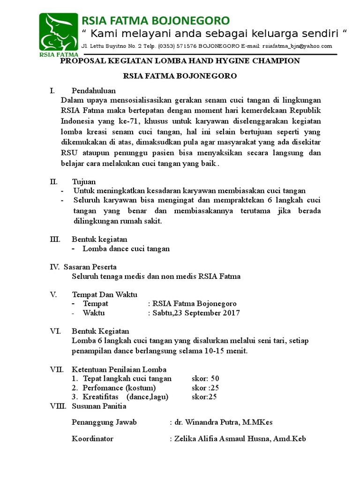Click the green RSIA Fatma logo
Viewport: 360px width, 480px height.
(x=59, y=34)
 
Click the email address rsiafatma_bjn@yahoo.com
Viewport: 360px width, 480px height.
(x=297, y=46)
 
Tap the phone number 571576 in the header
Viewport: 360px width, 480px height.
(x=186, y=46)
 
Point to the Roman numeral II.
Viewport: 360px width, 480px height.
(x=53, y=181)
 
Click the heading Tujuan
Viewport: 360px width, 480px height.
(x=84, y=181)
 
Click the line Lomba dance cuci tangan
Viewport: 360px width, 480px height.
(x=126, y=249)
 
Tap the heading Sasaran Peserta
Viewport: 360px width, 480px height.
(x=90, y=267)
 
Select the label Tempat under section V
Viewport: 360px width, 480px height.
(x=95, y=303)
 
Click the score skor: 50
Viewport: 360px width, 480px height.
(x=205, y=378)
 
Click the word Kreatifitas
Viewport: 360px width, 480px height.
(x=99, y=397)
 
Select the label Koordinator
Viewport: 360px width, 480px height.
(x=92, y=439)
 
